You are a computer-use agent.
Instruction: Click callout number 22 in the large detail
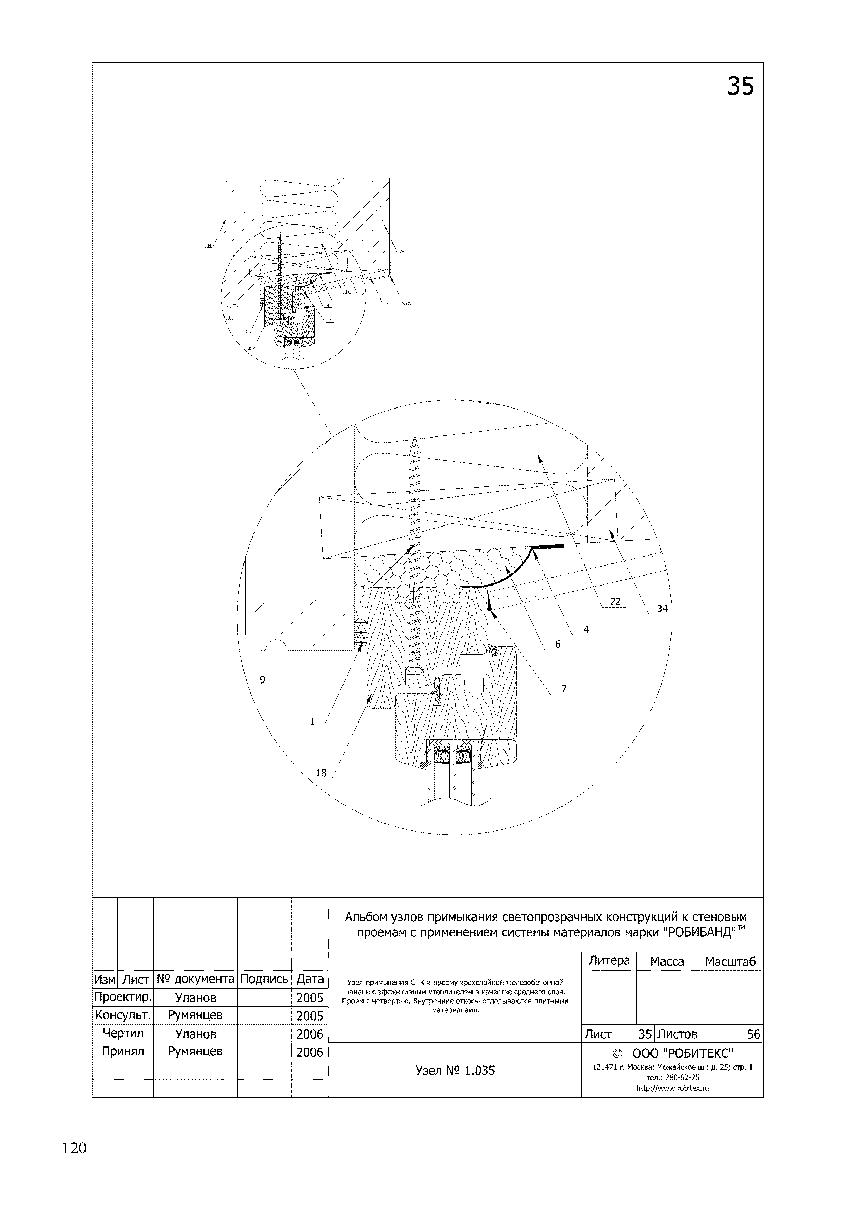click(615, 601)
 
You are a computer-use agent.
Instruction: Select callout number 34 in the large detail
click(662, 609)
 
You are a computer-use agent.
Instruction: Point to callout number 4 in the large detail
click(586, 630)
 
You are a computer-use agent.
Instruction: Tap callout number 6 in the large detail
click(558, 644)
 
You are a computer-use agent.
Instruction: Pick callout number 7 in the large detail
click(564, 688)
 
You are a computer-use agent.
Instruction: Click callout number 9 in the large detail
click(262, 680)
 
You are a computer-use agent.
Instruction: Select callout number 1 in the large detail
click(312, 722)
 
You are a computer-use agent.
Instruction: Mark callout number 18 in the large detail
click(321, 773)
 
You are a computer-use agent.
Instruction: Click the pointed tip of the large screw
click(415, 436)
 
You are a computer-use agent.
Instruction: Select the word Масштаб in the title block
click(730, 962)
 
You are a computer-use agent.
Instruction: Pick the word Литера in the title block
click(609, 961)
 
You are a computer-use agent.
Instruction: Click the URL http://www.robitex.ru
click(673, 1089)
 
